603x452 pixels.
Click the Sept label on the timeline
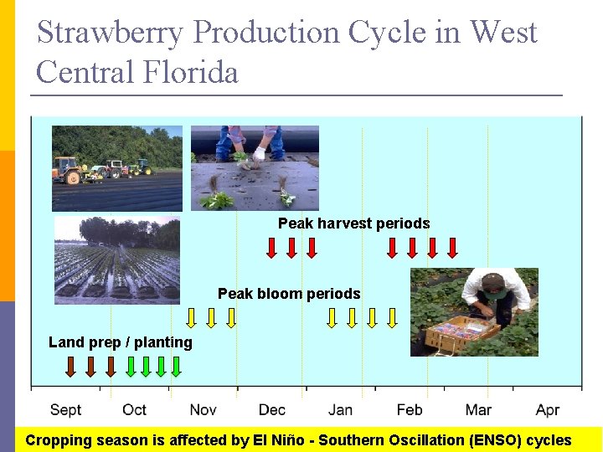click(65, 409)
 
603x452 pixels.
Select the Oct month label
click(134, 409)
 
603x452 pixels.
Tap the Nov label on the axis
click(203, 409)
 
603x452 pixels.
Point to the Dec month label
click(271, 409)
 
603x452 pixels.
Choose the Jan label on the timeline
click(340, 409)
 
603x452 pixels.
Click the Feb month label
click(409, 409)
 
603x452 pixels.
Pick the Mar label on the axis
click(478, 409)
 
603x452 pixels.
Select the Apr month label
click(547, 409)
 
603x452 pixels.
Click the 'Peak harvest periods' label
click(353, 223)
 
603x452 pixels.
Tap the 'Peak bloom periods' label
click(289, 294)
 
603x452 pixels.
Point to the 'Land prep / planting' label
click(121, 342)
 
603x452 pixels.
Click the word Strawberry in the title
click(111, 33)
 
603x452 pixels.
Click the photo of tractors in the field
click(116, 167)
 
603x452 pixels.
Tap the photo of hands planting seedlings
click(255, 167)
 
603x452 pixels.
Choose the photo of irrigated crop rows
click(116, 259)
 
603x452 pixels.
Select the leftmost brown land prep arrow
click(71, 366)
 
